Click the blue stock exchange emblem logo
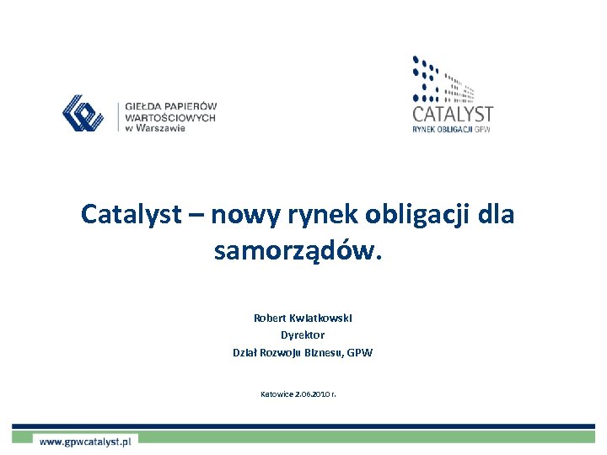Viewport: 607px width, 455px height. point(83,114)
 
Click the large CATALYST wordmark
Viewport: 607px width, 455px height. point(453,113)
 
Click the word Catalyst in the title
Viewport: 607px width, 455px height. point(131,215)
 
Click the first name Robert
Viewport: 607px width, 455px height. point(270,318)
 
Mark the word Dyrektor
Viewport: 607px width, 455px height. point(303,335)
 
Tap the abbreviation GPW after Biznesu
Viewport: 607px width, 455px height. point(359,352)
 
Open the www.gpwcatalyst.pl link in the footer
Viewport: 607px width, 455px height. point(85,440)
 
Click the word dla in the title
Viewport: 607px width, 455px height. point(495,215)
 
